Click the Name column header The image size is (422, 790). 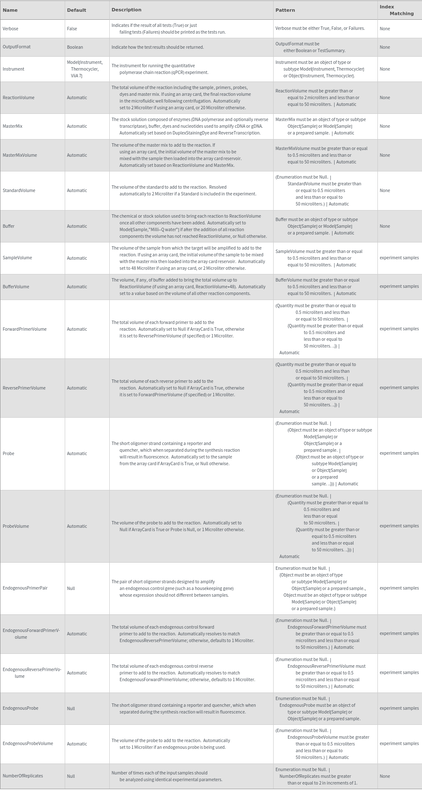pyautogui.click(x=10, y=10)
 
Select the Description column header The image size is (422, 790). pyautogui.click(x=126, y=10)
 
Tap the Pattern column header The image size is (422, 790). pyautogui.click(x=285, y=10)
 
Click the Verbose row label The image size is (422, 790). pyautogui.click(x=11, y=29)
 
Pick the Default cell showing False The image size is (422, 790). pyautogui.click(x=72, y=29)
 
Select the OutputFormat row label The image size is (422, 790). pyautogui.click(x=16, y=47)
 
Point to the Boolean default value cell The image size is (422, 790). pyautogui.click(x=75, y=47)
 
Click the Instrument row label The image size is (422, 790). pyautogui.click(x=13, y=69)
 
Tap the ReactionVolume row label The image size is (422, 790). pyautogui.click(x=18, y=97)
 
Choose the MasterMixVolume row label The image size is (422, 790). pyautogui.click(x=20, y=155)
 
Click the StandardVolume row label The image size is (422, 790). pyautogui.click(x=19, y=190)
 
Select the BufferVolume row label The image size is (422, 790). pyautogui.click(x=16, y=287)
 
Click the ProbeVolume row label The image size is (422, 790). pyautogui.click(x=16, y=526)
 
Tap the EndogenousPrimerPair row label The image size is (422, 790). pyautogui.click(x=25, y=588)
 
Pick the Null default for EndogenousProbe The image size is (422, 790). pyautogui.click(x=71, y=708)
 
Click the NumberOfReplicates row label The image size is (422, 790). pyautogui.click(x=23, y=776)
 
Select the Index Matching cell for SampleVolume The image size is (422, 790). pyautogui.click(x=399, y=258)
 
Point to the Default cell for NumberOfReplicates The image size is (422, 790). pyautogui.click(x=71, y=776)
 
